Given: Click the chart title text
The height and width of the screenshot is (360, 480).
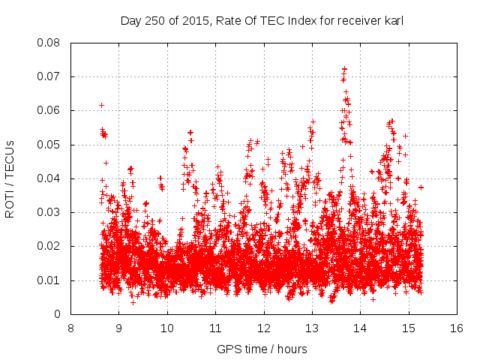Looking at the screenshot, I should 262,20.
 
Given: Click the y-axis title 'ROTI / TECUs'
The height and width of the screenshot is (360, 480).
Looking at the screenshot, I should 10,178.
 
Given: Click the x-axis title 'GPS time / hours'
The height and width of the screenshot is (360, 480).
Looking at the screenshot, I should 262,349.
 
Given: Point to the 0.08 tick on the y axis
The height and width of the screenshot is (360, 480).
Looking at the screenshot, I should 50,43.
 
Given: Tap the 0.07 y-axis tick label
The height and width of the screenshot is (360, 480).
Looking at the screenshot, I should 50,76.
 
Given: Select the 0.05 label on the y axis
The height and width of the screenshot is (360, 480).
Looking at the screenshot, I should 50,145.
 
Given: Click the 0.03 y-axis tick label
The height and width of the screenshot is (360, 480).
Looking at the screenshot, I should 50,212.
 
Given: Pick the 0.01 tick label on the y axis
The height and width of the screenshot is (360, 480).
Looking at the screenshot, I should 50,280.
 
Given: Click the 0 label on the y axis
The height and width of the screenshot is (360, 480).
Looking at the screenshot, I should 58,314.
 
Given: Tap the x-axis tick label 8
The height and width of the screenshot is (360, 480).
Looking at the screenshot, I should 70,328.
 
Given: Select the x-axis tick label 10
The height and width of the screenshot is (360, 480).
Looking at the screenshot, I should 167,328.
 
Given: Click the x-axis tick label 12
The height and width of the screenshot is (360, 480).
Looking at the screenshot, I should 264,328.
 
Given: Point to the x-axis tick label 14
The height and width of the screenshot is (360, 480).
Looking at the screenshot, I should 361,328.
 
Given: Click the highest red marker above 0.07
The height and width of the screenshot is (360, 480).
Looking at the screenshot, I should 344,68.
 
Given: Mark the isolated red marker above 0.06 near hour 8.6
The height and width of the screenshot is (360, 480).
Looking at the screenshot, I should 101,105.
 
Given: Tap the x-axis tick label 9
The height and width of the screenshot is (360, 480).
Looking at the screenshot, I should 118,328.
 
